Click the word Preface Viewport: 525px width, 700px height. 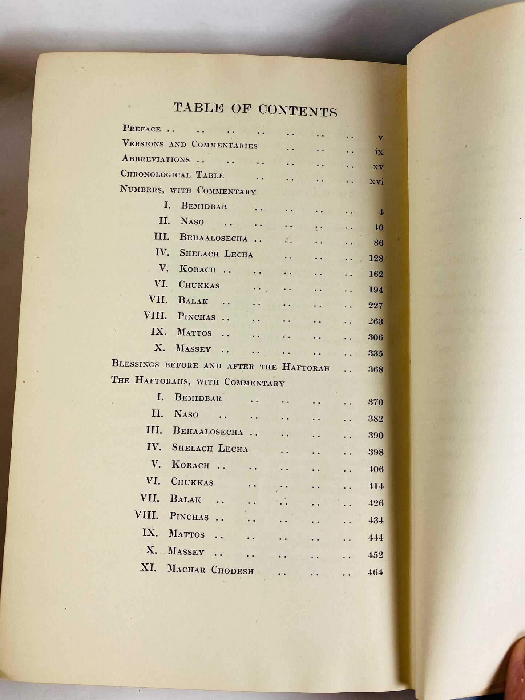coord(141,129)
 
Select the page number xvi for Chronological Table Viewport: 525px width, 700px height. coord(376,181)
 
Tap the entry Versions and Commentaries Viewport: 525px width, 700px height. coord(190,144)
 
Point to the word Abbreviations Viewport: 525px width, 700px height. coord(156,159)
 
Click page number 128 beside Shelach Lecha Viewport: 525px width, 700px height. coord(376,258)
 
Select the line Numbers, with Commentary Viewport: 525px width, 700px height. coord(188,190)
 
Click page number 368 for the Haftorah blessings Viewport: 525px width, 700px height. coord(375,369)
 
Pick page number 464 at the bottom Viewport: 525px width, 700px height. coord(375,572)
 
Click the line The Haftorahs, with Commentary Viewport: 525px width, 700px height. coord(198,381)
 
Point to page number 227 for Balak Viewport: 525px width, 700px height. coord(376,306)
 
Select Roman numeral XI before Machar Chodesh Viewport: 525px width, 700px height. coord(148,567)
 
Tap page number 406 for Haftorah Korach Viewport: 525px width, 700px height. coord(376,469)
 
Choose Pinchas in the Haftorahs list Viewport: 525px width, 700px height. coord(189,516)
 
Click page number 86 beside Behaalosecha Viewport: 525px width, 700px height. coord(378,243)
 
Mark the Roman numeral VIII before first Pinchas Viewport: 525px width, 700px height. coord(155,315)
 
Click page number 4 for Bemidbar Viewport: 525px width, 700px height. coord(381,212)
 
